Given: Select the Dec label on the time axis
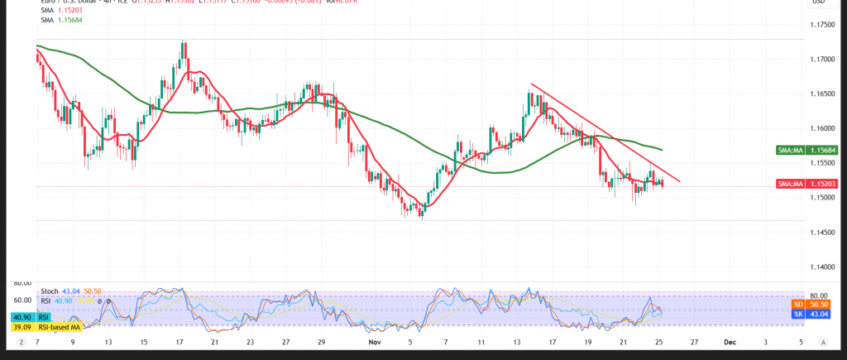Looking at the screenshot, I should click(x=729, y=341).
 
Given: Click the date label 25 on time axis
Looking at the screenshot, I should click(x=658, y=341).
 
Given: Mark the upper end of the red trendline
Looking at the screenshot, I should click(x=531, y=84).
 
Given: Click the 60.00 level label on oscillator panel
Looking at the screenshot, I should click(x=22, y=300).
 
